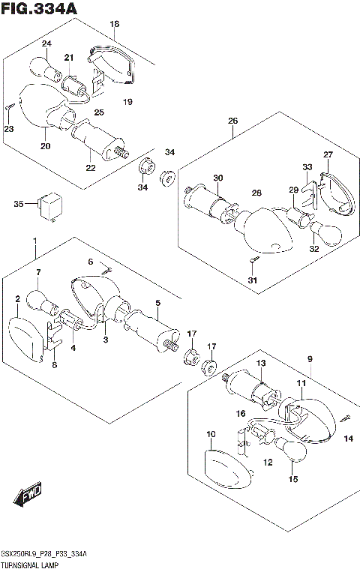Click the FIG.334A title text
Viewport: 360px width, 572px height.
[39, 8]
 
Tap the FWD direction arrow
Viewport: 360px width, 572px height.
[28, 496]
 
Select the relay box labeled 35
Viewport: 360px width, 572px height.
[49, 206]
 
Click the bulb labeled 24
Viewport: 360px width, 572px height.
[48, 68]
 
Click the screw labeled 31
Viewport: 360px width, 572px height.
[254, 260]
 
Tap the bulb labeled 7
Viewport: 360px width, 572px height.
[41, 303]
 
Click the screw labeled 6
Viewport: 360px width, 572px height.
[107, 271]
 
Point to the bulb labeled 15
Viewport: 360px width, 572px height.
[291, 450]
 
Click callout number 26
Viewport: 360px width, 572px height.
[232, 121]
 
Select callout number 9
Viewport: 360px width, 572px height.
[310, 359]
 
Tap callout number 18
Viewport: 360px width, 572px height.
[115, 24]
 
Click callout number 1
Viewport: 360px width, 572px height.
[35, 241]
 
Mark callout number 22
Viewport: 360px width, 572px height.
[91, 167]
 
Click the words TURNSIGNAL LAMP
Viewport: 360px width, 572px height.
[30, 566]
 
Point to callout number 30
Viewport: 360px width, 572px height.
[218, 178]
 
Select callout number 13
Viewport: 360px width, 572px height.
[261, 364]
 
